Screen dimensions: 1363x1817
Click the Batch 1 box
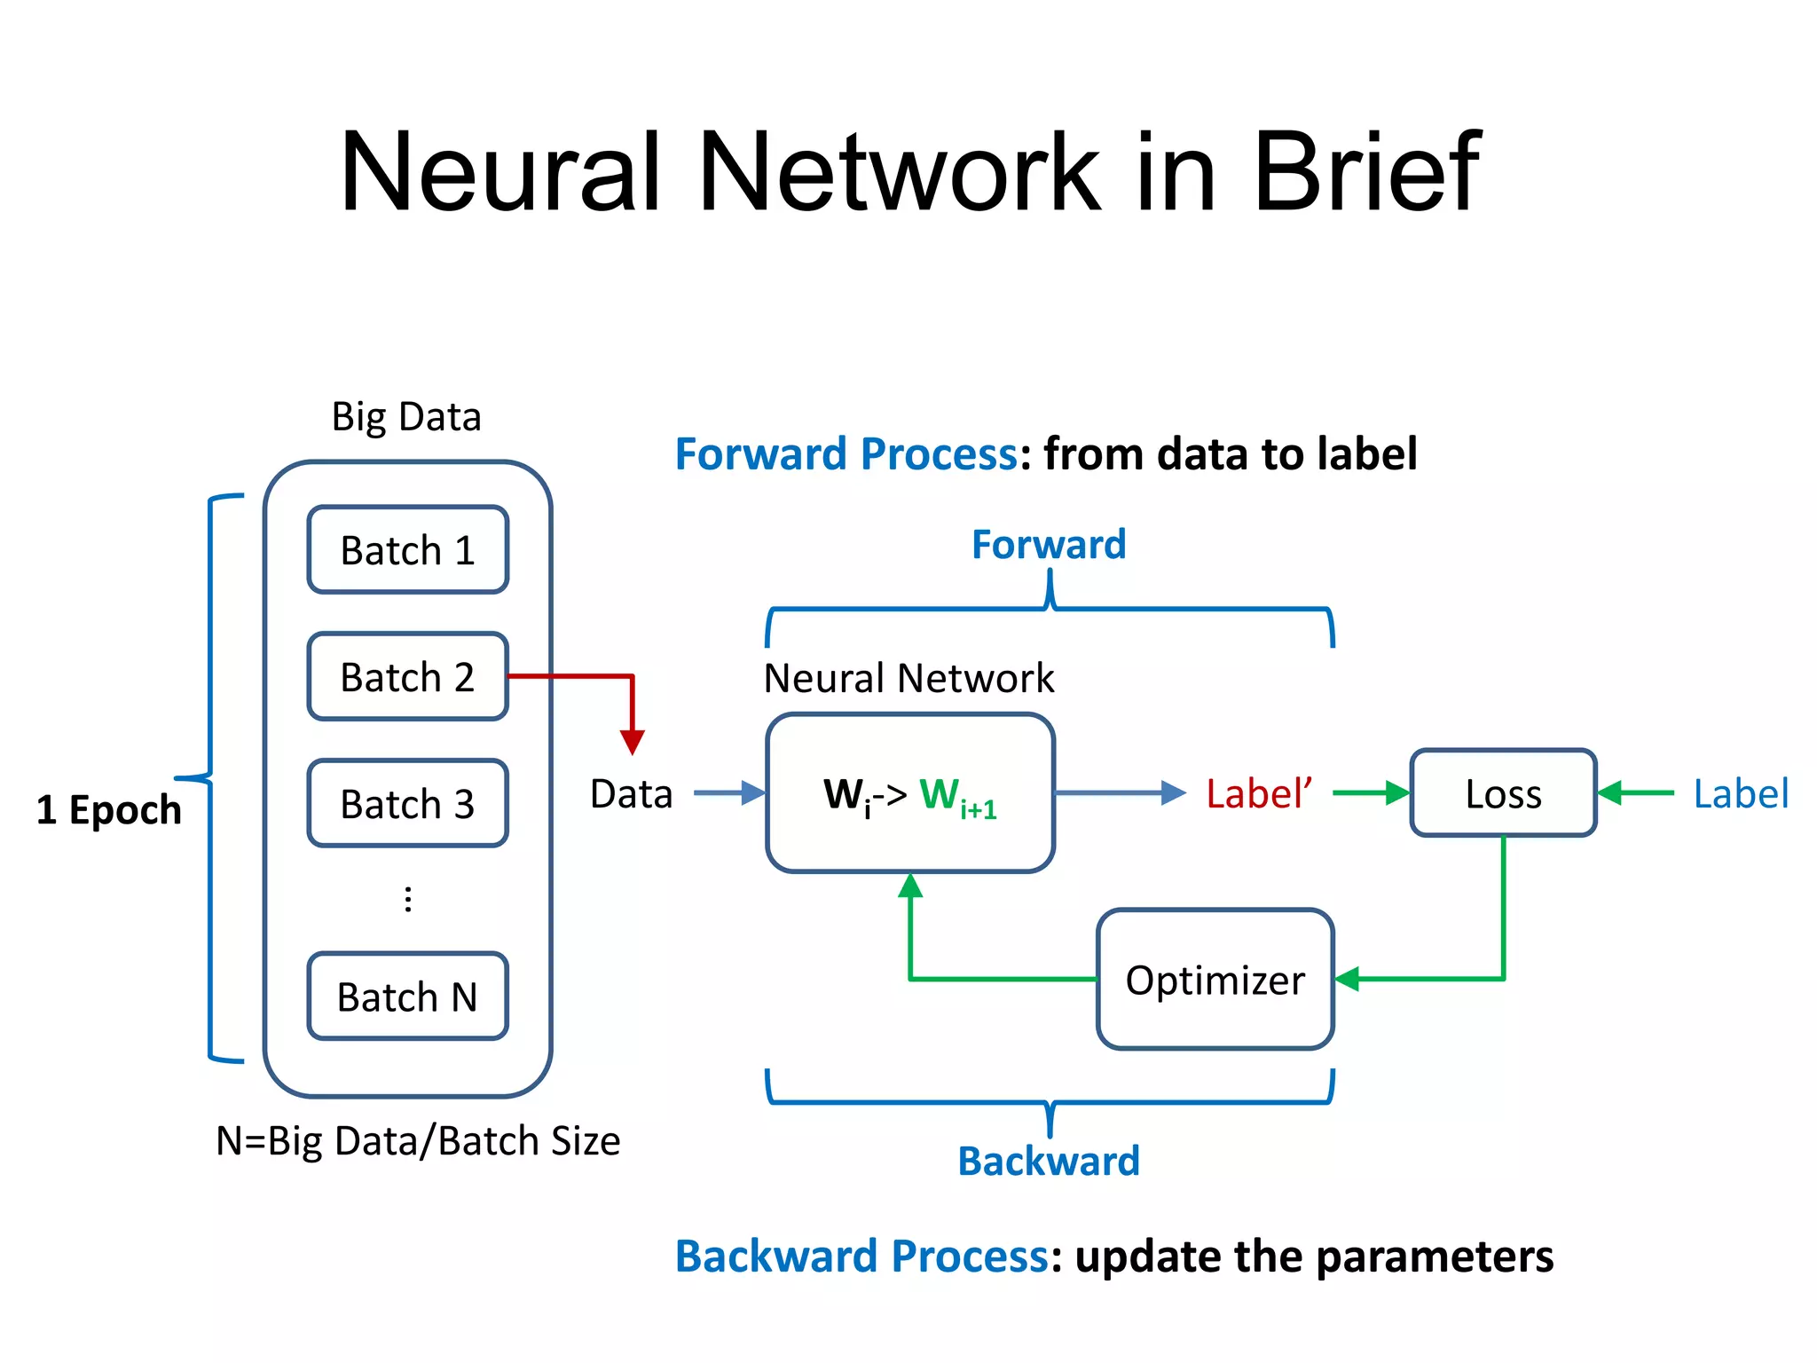pyautogui.click(x=407, y=550)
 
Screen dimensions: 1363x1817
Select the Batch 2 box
pyautogui.click(x=407, y=677)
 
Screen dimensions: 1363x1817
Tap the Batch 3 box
pyautogui.click(x=407, y=804)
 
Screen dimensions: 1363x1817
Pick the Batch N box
pyautogui.click(x=407, y=997)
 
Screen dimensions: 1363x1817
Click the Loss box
pyautogui.click(x=1503, y=793)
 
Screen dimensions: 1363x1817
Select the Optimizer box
pyautogui.click(x=1215, y=980)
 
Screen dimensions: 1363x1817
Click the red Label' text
pyautogui.click(x=1258, y=793)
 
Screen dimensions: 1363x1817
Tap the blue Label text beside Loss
pyautogui.click(x=1740, y=793)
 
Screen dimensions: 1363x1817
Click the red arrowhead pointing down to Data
pyautogui.click(x=633, y=742)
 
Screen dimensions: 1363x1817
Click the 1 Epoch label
pyautogui.click(x=108, y=809)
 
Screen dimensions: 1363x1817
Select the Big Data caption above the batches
pyautogui.click(x=406, y=417)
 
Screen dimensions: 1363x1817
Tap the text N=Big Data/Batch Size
pyautogui.click(x=418, y=1141)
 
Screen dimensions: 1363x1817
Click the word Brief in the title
pyautogui.click(x=1366, y=170)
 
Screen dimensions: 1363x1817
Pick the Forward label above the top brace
pyautogui.click(x=1049, y=544)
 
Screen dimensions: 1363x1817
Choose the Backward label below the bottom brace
pyautogui.click(x=1049, y=1162)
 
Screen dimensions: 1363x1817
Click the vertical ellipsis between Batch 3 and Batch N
pyautogui.click(x=408, y=899)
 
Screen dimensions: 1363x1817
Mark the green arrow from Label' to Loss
pyautogui.click(x=1370, y=793)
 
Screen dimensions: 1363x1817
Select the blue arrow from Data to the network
pyautogui.click(x=728, y=792)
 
